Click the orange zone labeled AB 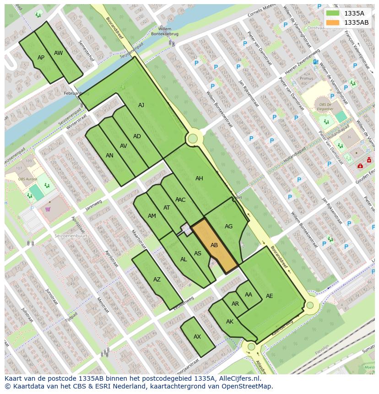[214, 245]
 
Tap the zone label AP [41, 58]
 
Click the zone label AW [58, 53]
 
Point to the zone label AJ [141, 105]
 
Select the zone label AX [197, 337]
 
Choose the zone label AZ [157, 280]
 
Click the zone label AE [269, 296]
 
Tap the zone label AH [199, 178]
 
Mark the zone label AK [230, 322]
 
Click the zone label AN [109, 156]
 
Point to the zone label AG [229, 227]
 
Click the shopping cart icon [48, 210]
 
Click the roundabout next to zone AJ [193, 138]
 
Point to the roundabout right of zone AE [310, 305]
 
